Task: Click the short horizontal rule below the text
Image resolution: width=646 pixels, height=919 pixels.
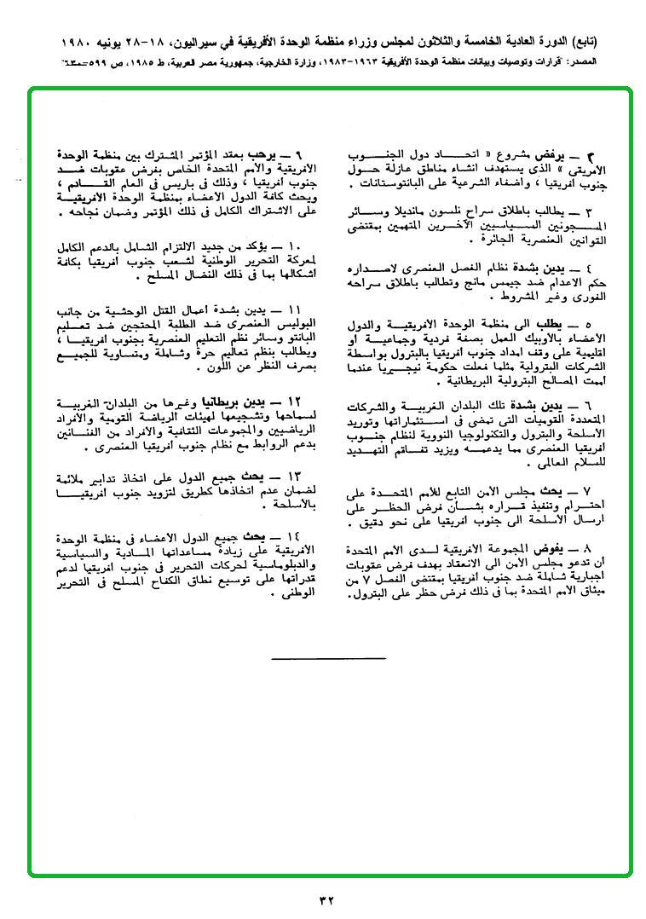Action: tap(328, 658)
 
